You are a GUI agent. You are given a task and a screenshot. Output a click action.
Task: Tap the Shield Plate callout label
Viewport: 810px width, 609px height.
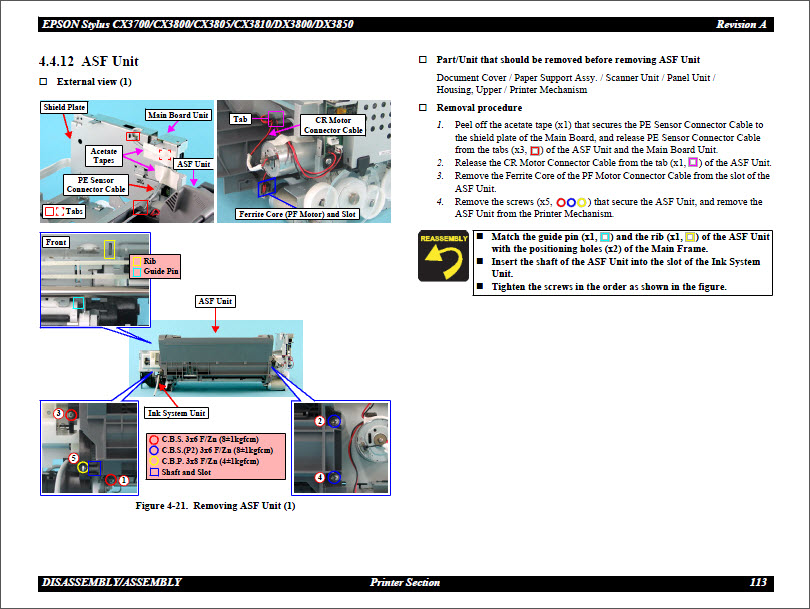tap(64, 107)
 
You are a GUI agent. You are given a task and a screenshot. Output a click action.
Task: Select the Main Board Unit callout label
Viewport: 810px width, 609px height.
tap(179, 115)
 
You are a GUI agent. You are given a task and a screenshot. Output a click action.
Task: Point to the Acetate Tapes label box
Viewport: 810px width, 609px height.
tap(104, 155)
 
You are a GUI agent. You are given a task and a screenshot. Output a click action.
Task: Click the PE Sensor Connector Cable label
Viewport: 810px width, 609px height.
tap(96, 184)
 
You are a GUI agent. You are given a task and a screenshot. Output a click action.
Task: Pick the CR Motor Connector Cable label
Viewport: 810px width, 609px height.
tap(333, 125)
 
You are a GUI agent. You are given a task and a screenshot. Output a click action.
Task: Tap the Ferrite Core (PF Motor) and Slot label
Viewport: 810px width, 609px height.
tap(297, 214)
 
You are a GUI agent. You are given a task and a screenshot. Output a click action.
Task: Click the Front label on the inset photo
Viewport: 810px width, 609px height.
tap(56, 242)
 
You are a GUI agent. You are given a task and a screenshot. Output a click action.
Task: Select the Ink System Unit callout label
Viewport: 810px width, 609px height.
tap(176, 413)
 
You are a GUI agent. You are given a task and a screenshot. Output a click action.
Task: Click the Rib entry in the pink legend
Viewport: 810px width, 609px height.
tap(149, 261)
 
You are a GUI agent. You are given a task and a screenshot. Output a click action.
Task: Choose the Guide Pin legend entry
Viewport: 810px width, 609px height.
tap(160, 271)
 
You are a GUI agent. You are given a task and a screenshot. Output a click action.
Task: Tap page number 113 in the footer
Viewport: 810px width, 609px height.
tap(757, 582)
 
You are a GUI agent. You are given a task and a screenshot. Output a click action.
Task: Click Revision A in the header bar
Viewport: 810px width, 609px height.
tap(741, 24)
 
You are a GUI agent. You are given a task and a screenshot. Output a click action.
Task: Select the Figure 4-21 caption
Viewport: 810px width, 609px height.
tap(215, 506)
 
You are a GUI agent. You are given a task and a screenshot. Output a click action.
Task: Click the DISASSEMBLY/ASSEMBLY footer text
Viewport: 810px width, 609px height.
tap(112, 582)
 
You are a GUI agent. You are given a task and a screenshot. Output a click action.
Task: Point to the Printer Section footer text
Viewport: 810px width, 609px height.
tap(404, 582)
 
